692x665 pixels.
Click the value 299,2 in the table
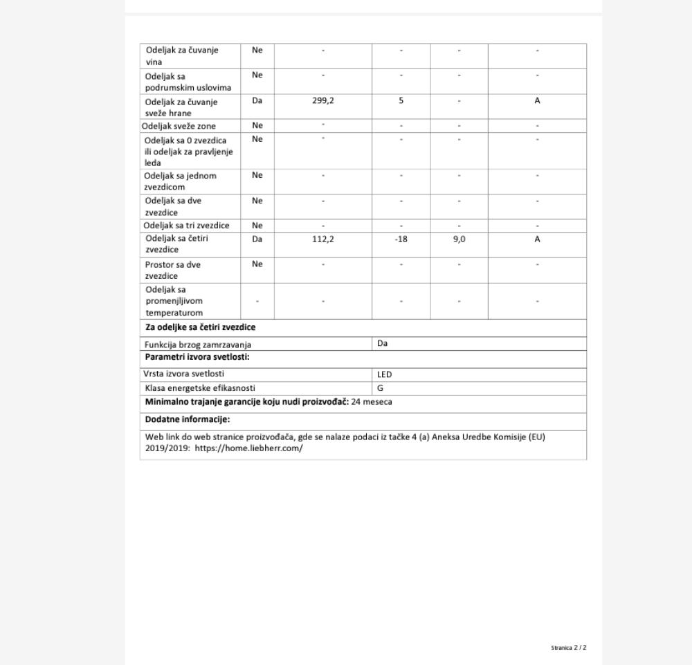coord(322,101)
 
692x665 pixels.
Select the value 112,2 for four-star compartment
coord(322,239)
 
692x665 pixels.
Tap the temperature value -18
coord(401,239)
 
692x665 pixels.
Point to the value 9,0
coord(459,239)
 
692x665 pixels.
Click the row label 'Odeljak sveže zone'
coord(179,126)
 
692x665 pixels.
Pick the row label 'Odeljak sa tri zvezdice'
coord(186,226)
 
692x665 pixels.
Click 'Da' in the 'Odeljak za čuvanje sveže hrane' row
coord(257,101)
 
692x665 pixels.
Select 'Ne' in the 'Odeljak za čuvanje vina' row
coord(257,50)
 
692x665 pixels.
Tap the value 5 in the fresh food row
coord(401,101)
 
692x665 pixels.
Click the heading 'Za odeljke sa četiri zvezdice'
coord(200,327)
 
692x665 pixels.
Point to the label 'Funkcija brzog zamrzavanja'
coord(198,345)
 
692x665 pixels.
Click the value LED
coord(384,374)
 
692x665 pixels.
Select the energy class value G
coord(380,388)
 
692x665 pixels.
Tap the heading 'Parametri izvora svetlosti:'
coord(197,357)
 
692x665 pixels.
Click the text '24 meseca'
coord(372,401)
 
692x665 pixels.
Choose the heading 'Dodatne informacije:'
coord(187,419)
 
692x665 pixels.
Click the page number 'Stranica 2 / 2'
coord(568,648)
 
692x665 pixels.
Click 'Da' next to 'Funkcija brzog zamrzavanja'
coord(383,343)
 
